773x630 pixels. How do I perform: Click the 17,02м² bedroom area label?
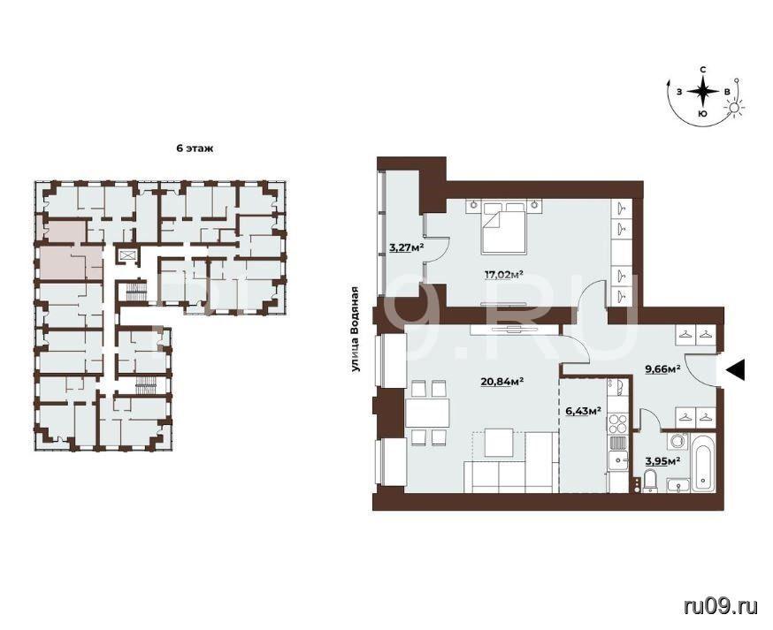click(504, 275)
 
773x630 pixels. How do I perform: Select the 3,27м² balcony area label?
click(407, 247)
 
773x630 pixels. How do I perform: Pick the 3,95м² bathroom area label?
click(663, 460)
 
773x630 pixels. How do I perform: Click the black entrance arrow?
click(736, 369)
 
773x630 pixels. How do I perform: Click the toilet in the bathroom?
click(650, 481)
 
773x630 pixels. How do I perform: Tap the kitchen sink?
click(616, 461)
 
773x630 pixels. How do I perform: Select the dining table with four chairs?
click(428, 413)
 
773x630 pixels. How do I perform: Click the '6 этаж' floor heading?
click(195, 148)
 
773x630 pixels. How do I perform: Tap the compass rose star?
click(703, 92)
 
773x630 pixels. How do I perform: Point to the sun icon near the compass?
click(734, 108)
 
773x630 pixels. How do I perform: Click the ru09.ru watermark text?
click(721, 607)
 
